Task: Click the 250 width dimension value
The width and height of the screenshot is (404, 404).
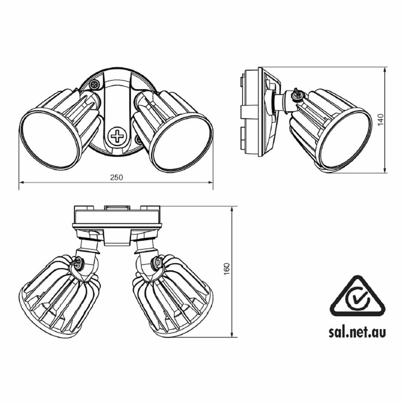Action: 116,177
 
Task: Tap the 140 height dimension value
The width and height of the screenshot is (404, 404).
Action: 380,120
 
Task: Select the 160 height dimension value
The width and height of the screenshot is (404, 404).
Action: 227,269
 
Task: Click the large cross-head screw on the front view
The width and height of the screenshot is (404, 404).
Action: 117,136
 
